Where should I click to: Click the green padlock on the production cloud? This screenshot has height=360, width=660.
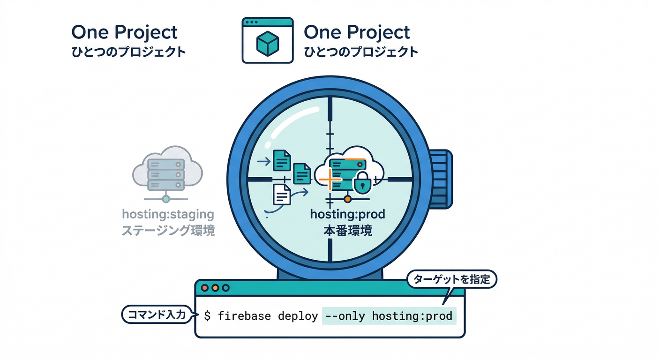pos(362,184)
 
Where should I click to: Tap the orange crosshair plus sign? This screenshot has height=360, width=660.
pos(329,180)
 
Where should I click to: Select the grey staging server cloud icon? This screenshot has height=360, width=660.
pos(167,172)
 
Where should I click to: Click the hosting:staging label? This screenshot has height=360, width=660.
pos(167,215)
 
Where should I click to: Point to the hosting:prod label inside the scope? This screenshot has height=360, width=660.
pos(347,215)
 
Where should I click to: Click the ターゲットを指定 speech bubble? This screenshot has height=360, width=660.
pos(451,280)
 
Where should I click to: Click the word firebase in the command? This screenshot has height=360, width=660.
pos(244,316)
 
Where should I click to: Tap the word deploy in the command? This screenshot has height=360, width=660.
pos(298,316)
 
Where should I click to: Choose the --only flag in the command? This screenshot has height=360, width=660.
pos(345,316)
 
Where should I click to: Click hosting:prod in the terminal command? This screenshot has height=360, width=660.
pos(412,316)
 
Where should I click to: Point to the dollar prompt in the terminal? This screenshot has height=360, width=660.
pos(207,316)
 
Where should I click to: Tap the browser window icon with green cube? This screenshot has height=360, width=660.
pos(267,40)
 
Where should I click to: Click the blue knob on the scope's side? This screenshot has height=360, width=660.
pos(441,179)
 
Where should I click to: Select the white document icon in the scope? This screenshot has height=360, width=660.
pos(282,194)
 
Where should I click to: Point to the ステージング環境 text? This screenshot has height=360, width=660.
pos(168,231)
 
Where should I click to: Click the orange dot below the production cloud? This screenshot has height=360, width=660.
pos(347,200)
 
